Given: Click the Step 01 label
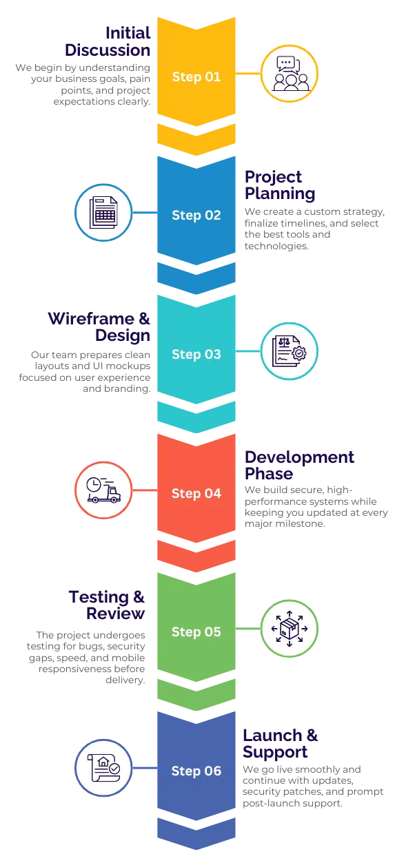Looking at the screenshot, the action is (x=196, y=77).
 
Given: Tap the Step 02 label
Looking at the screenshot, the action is (x=196, y=215).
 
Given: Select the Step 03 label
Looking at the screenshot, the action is (x=196, y=354).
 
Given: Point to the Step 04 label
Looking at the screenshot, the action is (x=196, y=493).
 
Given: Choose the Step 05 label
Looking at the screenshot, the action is (x=196, y=632).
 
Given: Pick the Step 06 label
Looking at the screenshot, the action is (x=196, y=771).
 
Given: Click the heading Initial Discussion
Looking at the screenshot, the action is (x=108, y=42).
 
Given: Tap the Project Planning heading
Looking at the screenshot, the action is (x=280, y=185).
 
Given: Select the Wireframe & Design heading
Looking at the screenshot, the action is (x=99, y=327).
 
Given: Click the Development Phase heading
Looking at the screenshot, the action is (x=299, y=466).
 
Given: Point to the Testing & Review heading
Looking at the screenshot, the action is (x=107, y=605).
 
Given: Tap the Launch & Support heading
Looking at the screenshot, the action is (x=280, y=744).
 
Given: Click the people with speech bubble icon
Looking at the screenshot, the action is (x=290, y=74).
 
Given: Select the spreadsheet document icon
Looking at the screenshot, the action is (x=103, y=212).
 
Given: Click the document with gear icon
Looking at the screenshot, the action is (x=289, y=351).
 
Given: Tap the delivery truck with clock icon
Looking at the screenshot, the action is (x=103, y=490).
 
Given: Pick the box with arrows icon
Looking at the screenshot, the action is (x=290, y=628).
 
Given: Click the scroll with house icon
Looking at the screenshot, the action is (x=103, y=768).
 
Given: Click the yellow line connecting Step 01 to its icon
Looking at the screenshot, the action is (x=248, y=74).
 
